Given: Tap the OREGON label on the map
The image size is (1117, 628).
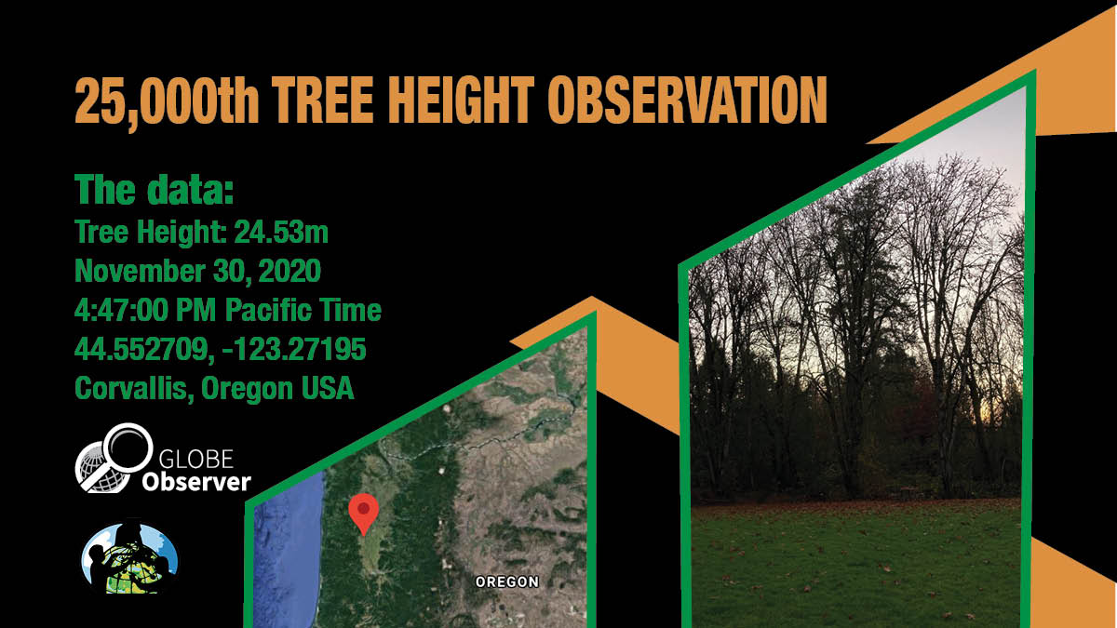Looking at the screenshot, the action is tap(507, 581).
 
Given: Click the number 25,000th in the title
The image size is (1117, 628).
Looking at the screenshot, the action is tap(167, 101).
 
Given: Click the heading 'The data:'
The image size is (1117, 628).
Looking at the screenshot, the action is tap(155, 190).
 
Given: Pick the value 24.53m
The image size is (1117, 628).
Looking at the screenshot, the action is tap(281, 232).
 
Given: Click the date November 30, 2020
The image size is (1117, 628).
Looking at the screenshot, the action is tap(197, 271).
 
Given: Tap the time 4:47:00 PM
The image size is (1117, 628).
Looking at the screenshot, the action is tap(145, 310).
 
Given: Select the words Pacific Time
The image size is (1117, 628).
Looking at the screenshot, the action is tap(303, 310).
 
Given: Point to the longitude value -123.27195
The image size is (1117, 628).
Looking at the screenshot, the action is tap(295, 349).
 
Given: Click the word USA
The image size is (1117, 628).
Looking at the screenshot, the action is tap(327, 388).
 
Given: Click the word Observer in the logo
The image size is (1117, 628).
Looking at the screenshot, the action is tap(196, 483).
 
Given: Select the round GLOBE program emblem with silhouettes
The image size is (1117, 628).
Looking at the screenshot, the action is tap(129, 557).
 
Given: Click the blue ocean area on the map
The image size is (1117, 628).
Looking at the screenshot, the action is tap(287, 554).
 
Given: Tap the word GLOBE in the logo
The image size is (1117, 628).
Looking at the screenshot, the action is tap(196, 459).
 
